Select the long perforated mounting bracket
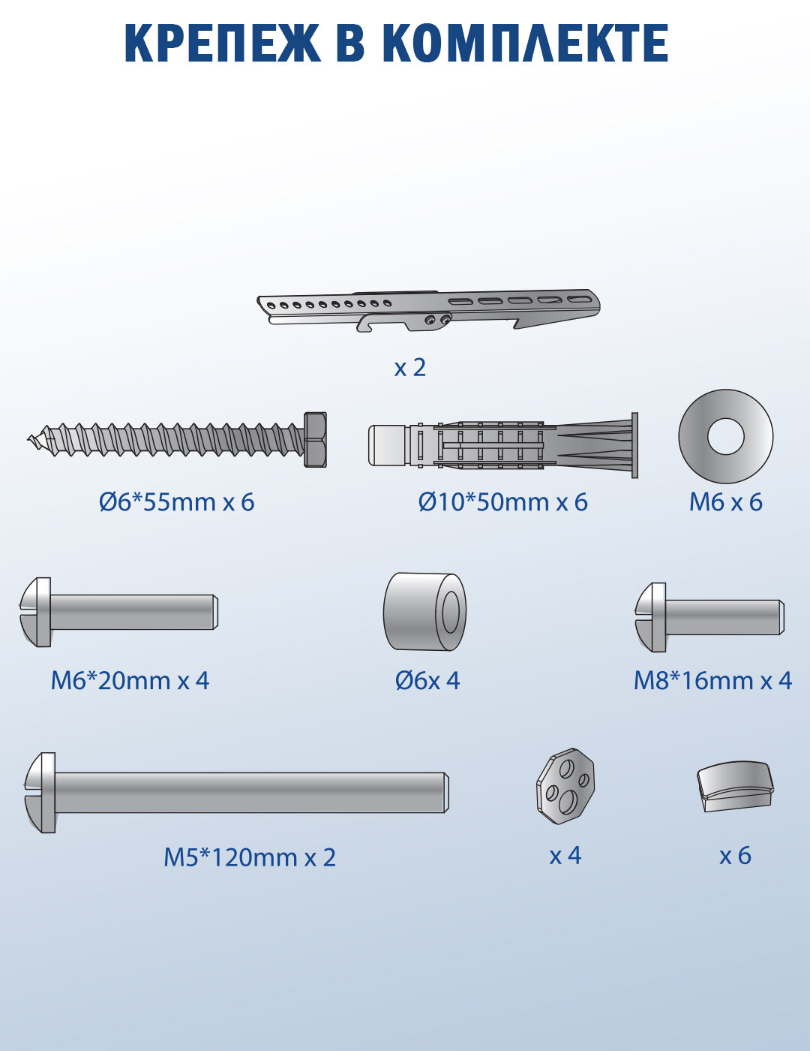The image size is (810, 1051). (x=428, y=310)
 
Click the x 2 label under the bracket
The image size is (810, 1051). (x=409, y=368)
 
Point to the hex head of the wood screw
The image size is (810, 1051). (x=315, y=439)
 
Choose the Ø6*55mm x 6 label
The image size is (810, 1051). (x=177, y=502)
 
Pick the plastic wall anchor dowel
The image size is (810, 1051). (x=502, y=445)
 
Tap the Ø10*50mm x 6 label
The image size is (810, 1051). (x=502, y=502)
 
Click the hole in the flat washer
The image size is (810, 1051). (x=725, y=435)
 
